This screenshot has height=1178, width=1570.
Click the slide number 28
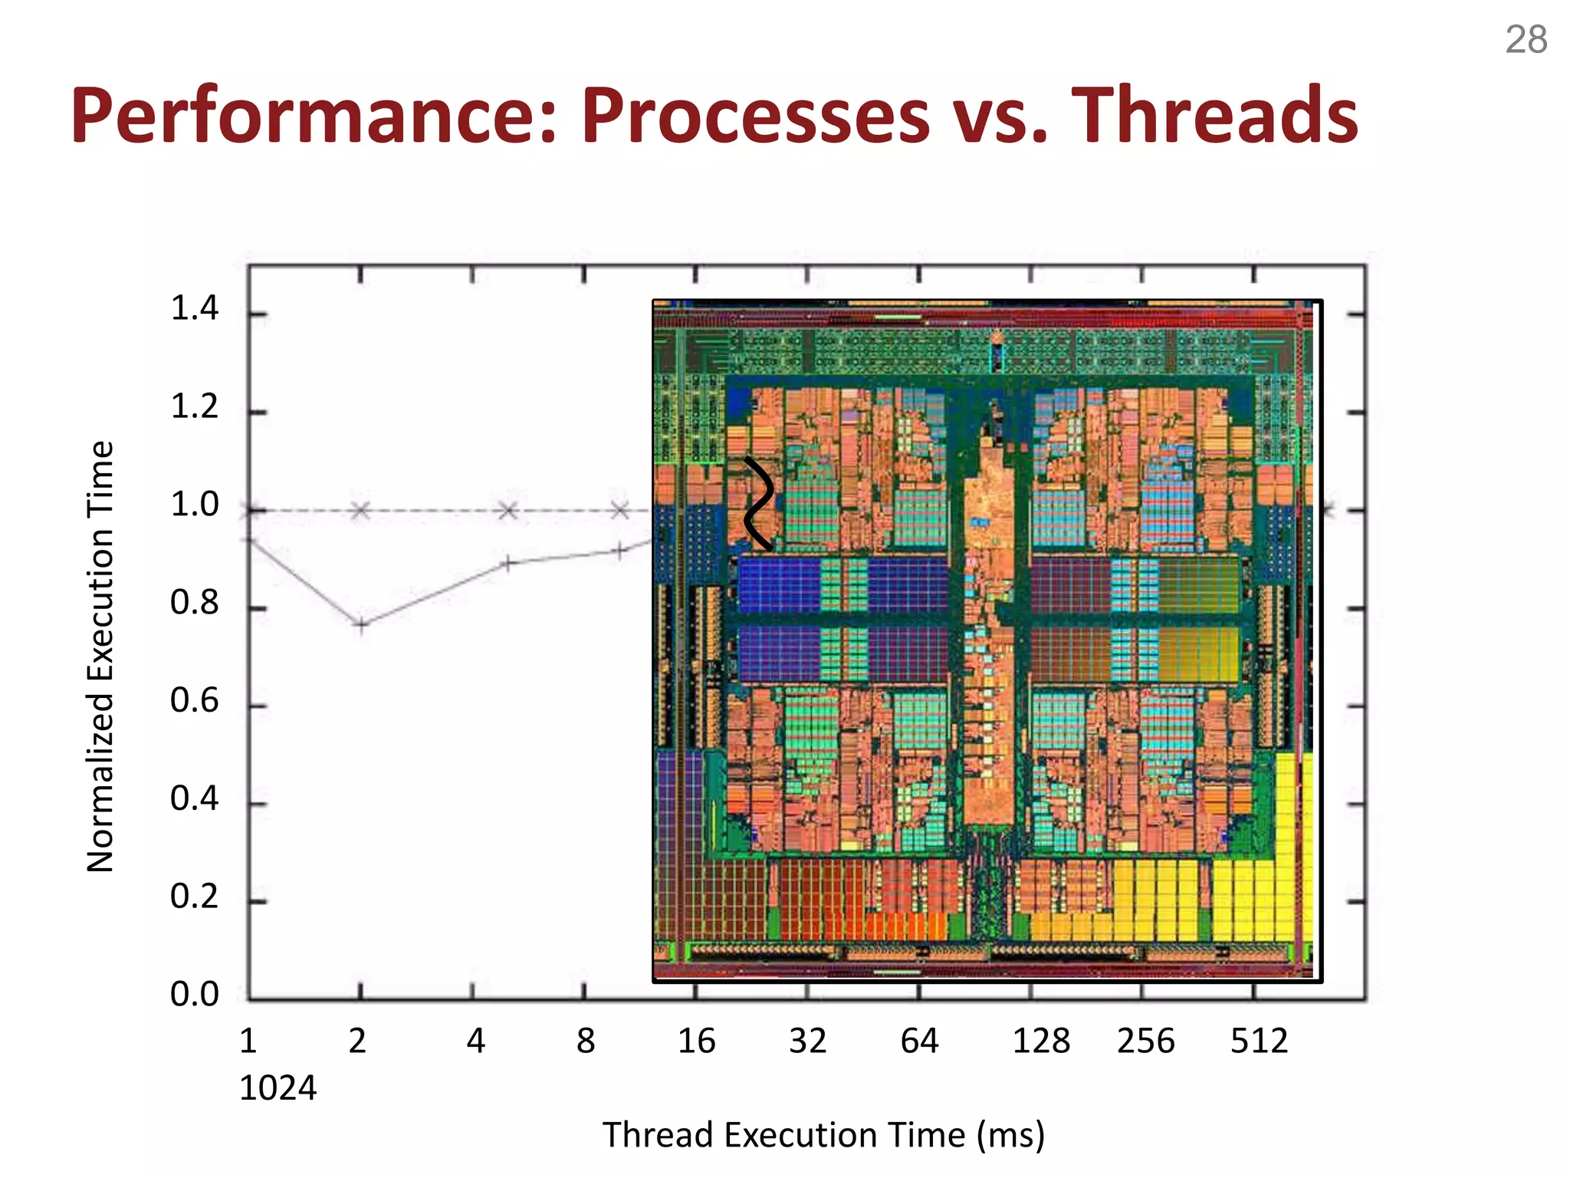pyautogui.click(x=1526, y=40)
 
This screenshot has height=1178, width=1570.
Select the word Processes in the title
pyautogui.click(x=755, y=117)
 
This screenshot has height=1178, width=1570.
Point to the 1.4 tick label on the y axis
pyautogui.click(x=194, y=308)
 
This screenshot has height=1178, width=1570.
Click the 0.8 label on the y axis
pyautogui.click(x=194, y=603)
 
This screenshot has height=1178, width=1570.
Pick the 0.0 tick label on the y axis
pyautogui.click(x=194, y=994)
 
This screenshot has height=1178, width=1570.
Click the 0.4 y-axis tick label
pyautogui.click(x=194, y=799)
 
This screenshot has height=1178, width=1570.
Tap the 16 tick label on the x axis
pyautogui.click(x=696, y=1041)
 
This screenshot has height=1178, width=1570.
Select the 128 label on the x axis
pyautogui.click(x=1041, y=1041)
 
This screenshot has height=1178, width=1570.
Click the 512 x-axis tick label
pyautogui.click(x=1259, y=1041)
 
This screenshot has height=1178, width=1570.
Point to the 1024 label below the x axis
pyautogui.click(x=278, y=1088)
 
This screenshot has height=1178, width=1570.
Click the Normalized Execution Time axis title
pyautogui.click(x=100, y=656)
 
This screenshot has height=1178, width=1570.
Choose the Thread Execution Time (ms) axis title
pyautogui.click(x=823, y=1135)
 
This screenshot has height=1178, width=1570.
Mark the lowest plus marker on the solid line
pyautogui.click(x=361, y=625)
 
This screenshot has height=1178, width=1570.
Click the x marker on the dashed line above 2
pyautogui.click(x=360, y=510)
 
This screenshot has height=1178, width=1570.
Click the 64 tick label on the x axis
pyautogui.click(x=919, y=1041)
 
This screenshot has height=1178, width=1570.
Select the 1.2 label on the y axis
pyautogui.click(x=194, y=406)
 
